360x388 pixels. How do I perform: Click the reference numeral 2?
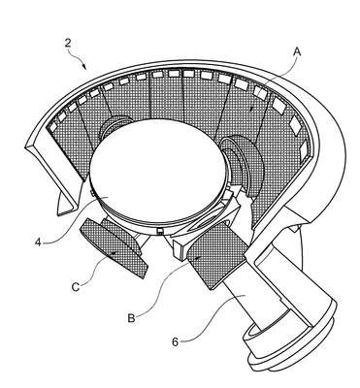[x=67, y=43]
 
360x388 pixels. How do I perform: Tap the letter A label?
[x=297, y=51]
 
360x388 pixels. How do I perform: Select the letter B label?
[x=131, y=318]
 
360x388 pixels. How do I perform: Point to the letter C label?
[x=76, y=287]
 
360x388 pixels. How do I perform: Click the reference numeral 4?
[x=39, y=242]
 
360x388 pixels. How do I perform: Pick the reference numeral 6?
[x=175, y=342]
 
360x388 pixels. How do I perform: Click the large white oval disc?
[x=157, y=170]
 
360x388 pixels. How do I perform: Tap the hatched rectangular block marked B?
[x=216, y=254]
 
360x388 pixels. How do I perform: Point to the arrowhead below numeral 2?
[x=84, y=67]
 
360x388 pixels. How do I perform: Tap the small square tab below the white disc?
[x=159, y=230]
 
